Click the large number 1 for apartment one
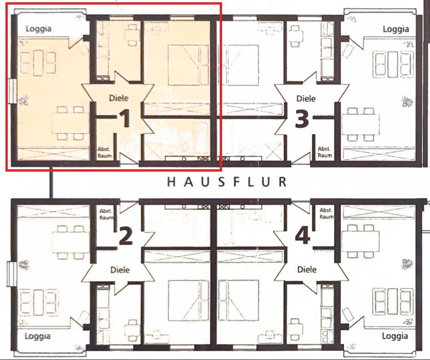tap(125, 118)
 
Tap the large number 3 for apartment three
tap(302, 119)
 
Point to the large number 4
tap(303, 236)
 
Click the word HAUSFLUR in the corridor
tap(227, 182)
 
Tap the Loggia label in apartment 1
tap(38, 29)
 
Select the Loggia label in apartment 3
tap(396, 29)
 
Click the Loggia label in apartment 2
tap(38, 336)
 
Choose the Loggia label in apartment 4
tap(395, 336)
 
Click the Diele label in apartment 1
tap(119, 98)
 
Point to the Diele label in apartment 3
tap(306, 98)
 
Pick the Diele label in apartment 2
tap(120, 270)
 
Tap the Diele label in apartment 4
tap(307, 269)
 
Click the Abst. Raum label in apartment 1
tap(105, 152)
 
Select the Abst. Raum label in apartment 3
tap(325, 152)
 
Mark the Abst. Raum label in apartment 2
tap(106, 214)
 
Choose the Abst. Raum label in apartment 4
tap(326, 213)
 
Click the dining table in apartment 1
tap(71, 123)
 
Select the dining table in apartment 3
tap(361, 124)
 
